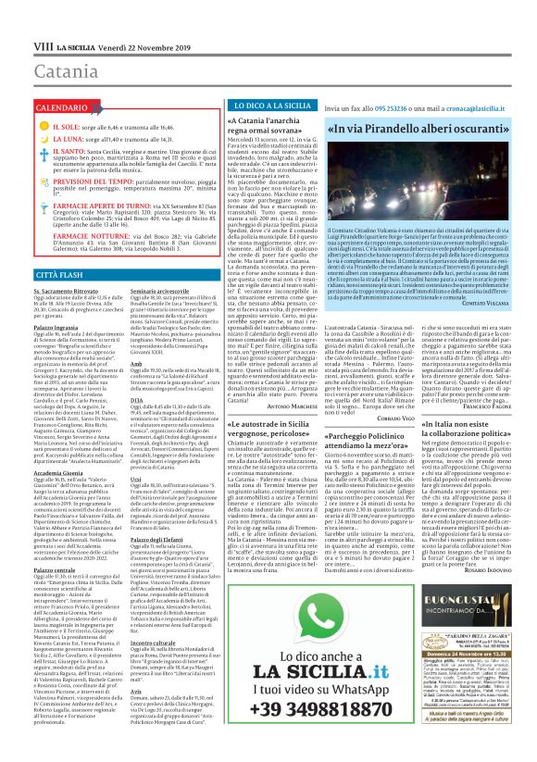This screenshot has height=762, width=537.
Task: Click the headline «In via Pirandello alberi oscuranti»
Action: [420, 128]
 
